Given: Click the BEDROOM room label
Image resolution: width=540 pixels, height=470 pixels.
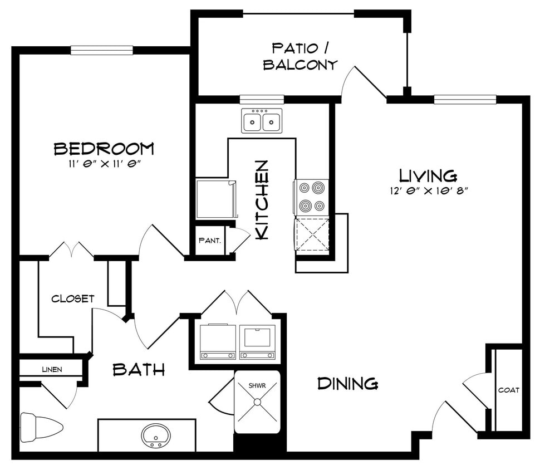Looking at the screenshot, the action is [x=104, y=149].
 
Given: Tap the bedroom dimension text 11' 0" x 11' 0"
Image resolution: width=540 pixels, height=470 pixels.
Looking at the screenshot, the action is [x=105, y=164].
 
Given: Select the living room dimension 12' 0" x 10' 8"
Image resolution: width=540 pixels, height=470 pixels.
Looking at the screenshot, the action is [x=429, y=191].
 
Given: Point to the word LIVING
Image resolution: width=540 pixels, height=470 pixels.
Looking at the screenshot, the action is [x=428, y=175].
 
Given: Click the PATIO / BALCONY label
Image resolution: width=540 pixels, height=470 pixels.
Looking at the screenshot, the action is [x=300, y=56].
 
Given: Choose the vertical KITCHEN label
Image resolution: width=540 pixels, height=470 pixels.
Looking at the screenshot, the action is [x=262, y=199].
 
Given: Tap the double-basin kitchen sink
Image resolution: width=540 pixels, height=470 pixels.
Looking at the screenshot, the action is [x=262, y=120].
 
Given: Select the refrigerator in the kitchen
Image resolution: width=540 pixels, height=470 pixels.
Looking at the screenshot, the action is [x=216, y=198].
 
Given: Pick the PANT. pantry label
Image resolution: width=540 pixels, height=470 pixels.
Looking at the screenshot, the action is [x=210, y=241].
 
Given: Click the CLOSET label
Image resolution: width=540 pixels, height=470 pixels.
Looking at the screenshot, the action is [x=73, y=298].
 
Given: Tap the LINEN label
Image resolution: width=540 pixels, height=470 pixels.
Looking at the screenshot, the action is [x=52, y=370].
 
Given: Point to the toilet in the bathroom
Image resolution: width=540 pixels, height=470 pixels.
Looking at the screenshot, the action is [x=41, y=427].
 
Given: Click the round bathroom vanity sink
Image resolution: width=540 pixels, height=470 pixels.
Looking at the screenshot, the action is [x=156, y=435].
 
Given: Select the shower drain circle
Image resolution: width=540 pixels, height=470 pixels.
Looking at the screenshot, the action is [x=257, y=402].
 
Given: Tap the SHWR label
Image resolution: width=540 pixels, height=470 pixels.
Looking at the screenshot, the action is [x=257, y=385].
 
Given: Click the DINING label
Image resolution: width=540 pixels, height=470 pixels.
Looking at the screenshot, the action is [x=348, y=384].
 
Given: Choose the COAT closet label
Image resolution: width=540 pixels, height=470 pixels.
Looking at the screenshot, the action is [x=509, y=390].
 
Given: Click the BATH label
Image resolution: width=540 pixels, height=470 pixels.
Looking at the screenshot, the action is [x=139, y=370].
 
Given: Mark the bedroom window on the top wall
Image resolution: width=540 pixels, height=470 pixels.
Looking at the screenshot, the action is [x=102, y=50].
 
